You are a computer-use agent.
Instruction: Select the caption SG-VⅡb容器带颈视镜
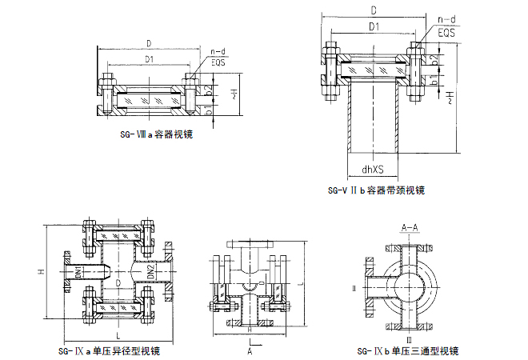coord(377,190)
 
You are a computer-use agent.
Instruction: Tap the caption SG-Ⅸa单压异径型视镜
coord(110,350)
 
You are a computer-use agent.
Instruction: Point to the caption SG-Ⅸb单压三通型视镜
coord(408,350)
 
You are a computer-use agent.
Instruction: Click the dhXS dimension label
coord(374,169)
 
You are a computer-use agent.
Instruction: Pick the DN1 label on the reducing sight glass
coord(78,272)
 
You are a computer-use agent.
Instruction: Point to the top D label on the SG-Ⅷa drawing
coord(150,43)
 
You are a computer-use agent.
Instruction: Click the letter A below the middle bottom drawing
coord(250,350)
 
